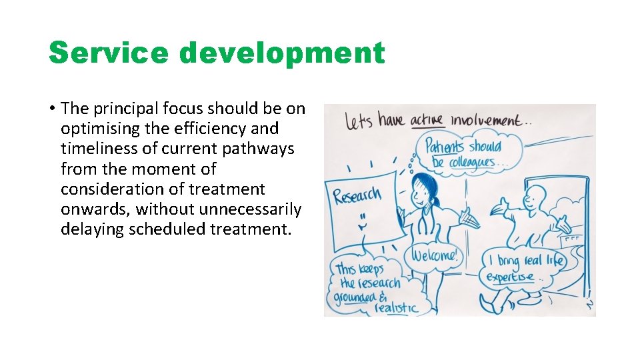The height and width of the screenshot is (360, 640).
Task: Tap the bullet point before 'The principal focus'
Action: click(51, 109)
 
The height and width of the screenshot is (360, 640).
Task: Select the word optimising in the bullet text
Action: click(97, 128)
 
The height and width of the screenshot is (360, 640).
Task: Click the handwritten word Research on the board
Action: click(357, 196)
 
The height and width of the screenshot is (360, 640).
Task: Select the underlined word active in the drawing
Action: click(427, 120)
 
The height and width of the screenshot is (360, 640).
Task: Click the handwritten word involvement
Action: click(485, 120)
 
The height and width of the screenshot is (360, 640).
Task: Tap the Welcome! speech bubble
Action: click(434, 255)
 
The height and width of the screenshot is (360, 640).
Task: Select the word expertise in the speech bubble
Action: click(510, 276)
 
